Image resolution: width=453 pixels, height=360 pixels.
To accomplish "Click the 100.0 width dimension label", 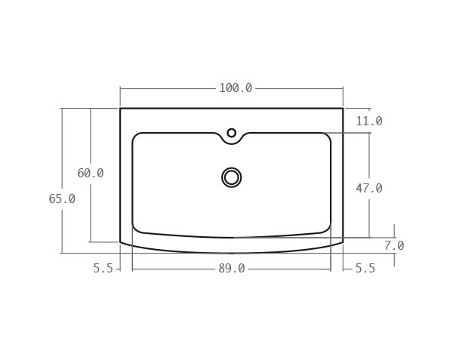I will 236,88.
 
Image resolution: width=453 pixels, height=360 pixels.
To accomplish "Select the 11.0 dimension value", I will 368,122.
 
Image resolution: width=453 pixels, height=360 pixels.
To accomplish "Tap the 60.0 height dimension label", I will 91,174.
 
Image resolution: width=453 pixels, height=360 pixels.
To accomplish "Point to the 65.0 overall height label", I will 62,199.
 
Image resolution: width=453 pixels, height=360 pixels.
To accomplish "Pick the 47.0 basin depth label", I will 368,189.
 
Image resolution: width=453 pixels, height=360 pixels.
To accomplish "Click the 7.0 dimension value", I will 393,246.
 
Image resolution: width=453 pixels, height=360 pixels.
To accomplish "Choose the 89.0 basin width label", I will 231,269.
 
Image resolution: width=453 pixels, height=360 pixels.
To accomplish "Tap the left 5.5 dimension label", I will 103,269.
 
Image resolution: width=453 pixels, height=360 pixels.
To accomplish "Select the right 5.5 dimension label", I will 365,269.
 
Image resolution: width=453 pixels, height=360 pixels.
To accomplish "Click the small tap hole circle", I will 232,133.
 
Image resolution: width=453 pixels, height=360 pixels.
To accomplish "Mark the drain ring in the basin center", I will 232,177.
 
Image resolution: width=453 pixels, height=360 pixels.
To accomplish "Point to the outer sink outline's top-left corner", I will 120,109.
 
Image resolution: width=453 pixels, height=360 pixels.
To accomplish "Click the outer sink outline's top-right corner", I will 343,109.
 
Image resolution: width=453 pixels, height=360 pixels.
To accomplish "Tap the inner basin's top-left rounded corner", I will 136,137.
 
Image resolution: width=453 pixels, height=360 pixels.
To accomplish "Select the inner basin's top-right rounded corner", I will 327,137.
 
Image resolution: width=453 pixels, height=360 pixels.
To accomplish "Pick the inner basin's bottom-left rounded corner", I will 137,229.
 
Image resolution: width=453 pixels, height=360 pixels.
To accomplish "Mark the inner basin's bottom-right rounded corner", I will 326,229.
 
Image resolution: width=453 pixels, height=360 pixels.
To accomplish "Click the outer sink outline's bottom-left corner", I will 120,242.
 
